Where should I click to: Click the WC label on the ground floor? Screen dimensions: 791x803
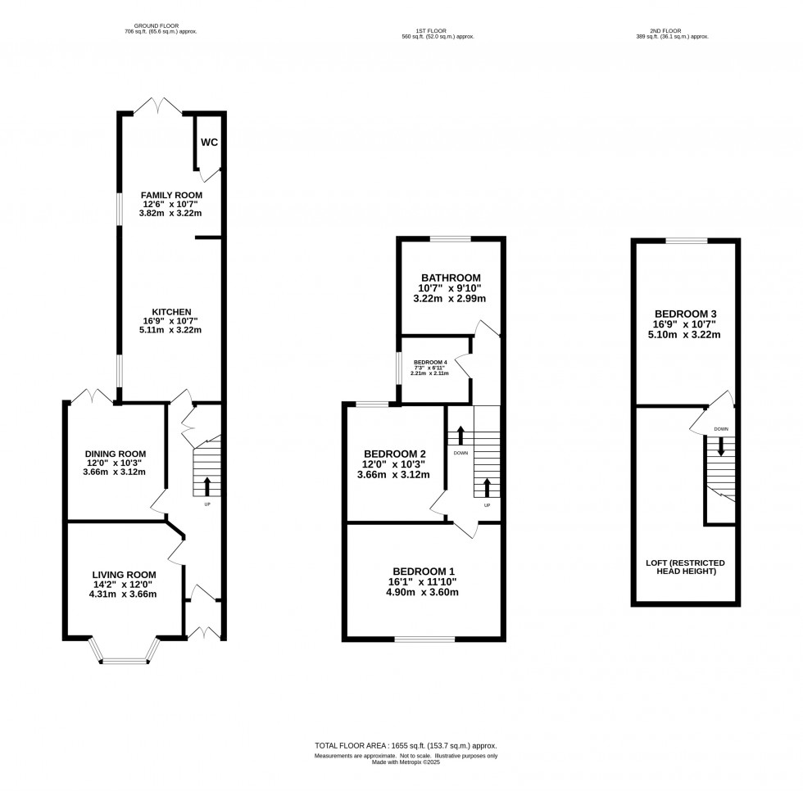coord(210,142)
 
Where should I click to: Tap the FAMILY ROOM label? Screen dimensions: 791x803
coord(170,195)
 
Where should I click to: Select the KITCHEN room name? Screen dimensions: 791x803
coord(170,312)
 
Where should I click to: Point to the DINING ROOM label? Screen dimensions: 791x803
coord(116,454)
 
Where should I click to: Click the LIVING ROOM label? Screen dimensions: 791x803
coord(124,574)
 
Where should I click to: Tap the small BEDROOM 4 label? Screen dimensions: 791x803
coord(430,362)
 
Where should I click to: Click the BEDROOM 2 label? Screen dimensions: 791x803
coord(395,454)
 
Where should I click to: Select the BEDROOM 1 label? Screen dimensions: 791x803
coord(423,571)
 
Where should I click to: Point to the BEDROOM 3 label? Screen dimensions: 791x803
coord(686,314)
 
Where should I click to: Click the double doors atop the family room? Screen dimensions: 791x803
coord(158,105)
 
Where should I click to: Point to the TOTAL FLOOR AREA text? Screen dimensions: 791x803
coord(406,745)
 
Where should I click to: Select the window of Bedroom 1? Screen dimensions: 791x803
coord(424,639)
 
